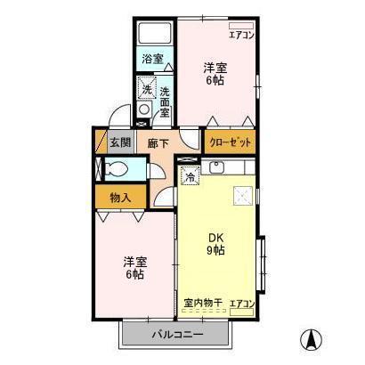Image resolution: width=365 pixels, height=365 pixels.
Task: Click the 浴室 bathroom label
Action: coord(152,60)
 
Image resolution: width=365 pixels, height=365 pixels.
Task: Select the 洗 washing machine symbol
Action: coord(145,89)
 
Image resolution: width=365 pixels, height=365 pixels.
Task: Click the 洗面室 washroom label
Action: coord(165,101)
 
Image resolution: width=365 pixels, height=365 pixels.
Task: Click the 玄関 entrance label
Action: coord(119,142)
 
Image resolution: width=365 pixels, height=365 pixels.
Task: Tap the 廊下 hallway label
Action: coord(158,142)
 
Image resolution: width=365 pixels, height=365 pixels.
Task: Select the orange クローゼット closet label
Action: coord(230,142)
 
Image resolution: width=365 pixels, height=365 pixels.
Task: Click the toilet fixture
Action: coord(113,169)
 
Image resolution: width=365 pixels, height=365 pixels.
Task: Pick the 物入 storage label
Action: coord(121,197)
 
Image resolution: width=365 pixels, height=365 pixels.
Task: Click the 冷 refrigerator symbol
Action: coord(190,175)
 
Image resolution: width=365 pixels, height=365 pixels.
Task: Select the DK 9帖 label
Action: coord(215,243)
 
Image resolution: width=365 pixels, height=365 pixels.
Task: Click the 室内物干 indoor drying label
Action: coord(202,304)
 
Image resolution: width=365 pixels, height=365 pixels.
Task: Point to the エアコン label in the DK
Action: coord(241,304)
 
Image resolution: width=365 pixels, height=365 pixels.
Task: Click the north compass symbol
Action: coord(312,339)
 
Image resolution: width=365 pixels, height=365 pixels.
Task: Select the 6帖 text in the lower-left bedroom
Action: coord(134,274)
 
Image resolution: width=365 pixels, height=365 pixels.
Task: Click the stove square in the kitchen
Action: coord(241,195)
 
